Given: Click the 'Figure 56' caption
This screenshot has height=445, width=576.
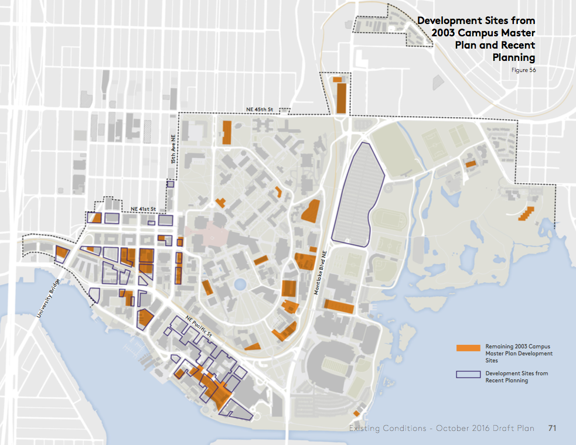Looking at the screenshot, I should (524, 70).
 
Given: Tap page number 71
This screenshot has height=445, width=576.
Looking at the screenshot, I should (552, 429).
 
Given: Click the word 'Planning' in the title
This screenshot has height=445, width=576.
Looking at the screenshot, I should (514, 57).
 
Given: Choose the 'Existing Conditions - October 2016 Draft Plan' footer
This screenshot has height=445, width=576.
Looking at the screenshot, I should (441, 429).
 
